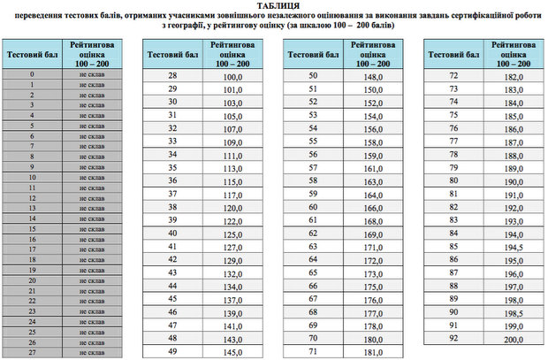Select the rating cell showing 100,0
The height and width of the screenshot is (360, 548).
pos(232,76)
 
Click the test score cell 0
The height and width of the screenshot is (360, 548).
pos(32,74)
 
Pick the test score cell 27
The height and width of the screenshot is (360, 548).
pos(32,353)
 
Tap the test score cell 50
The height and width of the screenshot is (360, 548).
pos(312,76)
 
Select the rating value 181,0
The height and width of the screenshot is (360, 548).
pos(371,353)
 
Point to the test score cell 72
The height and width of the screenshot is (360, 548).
pos(453,76)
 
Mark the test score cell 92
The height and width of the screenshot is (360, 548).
pos(453,339)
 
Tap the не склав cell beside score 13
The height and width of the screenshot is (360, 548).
pos(92,208)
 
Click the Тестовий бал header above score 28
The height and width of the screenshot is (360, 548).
pos(172,55)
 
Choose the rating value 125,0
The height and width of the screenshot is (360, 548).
pos(232,234)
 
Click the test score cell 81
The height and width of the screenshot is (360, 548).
pos(453,193)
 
